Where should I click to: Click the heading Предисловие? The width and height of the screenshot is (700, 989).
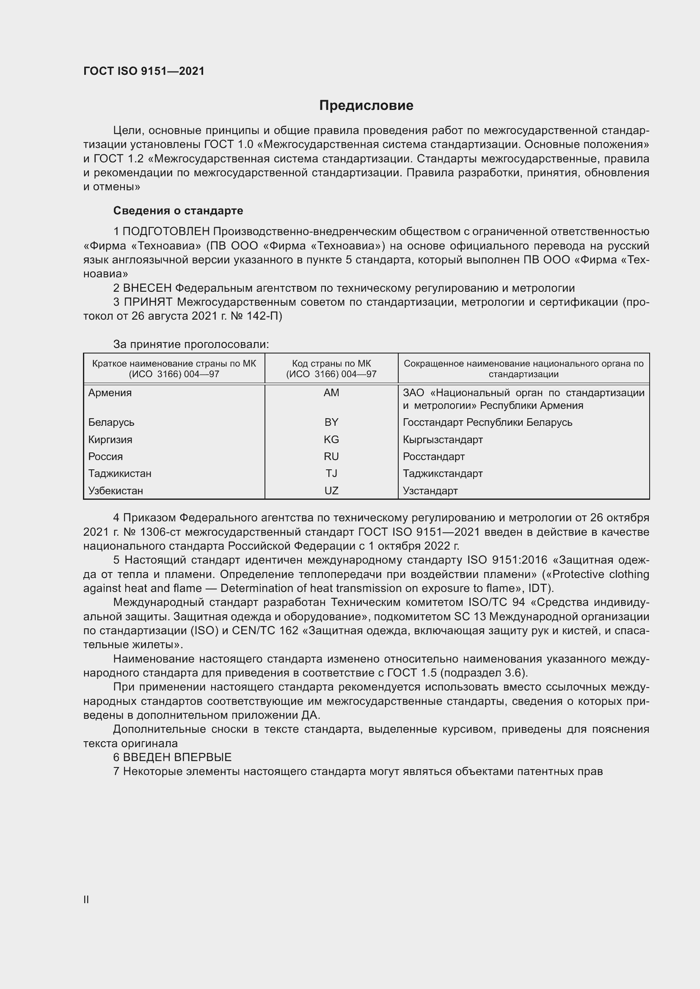366,106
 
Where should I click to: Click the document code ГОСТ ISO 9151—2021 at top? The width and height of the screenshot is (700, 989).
143,71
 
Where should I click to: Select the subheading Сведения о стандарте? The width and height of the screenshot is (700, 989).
178,211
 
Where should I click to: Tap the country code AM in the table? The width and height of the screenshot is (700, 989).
331,392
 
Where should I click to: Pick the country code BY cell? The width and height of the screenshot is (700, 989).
331,422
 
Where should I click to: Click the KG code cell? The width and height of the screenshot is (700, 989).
331,439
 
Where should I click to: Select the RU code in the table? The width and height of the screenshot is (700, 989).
331,456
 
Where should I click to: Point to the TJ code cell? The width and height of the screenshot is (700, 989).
331,474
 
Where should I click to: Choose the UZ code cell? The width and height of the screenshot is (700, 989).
331,490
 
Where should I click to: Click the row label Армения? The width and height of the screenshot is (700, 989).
110,392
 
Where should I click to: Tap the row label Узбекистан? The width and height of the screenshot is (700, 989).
116,490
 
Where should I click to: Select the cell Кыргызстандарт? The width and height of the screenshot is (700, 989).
443,439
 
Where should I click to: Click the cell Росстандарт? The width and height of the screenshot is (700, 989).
434,456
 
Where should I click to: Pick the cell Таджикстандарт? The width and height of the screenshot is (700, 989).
443,474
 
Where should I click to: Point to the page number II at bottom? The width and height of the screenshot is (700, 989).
86,899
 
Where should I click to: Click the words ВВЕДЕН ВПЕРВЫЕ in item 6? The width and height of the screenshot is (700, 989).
177,757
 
